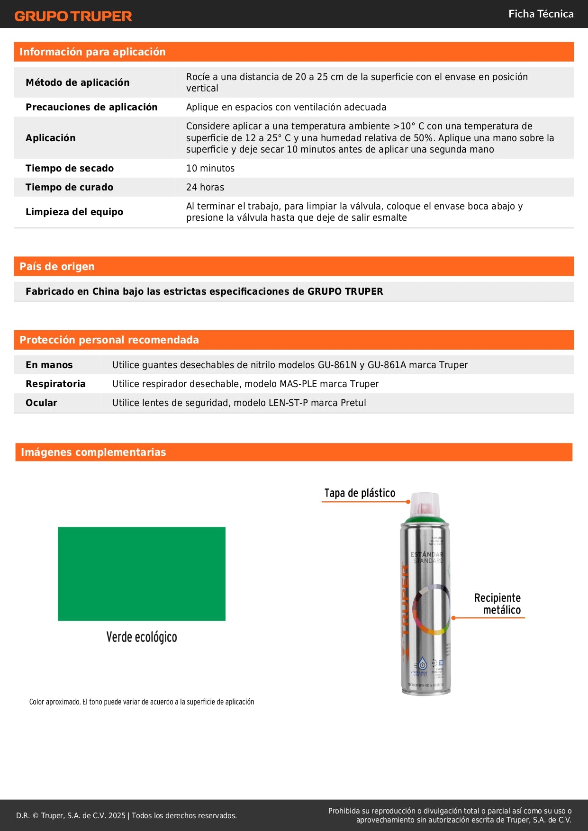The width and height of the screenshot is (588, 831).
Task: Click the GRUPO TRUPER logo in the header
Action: tap(73, 16)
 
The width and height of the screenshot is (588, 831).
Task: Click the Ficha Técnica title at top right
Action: tap(541, 14)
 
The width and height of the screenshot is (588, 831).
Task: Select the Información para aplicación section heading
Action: tap(92, 52)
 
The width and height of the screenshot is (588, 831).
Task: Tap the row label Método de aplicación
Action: tap(77, 82)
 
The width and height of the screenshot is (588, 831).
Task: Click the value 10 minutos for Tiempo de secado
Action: tap(210, 168)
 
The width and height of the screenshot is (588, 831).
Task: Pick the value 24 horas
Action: tap(205, 187)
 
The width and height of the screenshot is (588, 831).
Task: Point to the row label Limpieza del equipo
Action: tap(74, 212)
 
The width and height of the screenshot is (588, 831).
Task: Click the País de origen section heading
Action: tap(57, 266)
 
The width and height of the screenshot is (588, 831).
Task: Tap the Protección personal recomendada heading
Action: tap(109, 340)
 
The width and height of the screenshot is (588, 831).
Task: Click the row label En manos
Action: tap(49, 365)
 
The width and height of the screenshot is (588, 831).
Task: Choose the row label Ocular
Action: tap(41, 403)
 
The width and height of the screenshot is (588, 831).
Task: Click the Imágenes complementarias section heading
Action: tap(93, 452)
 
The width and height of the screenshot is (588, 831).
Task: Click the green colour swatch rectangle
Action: tap(141, 573)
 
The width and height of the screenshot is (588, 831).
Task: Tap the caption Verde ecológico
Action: tap(141, 637)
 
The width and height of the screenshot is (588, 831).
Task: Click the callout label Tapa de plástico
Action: tap(360, 493)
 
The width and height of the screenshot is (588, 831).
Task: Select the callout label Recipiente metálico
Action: tap(498, 604)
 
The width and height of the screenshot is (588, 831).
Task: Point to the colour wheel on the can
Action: tap(431, 610)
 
